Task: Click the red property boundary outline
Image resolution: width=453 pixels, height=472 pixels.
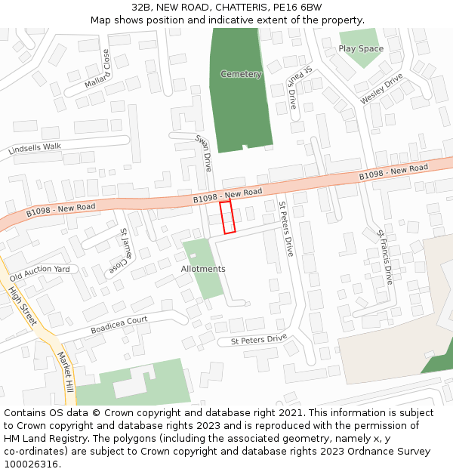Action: (227, 217)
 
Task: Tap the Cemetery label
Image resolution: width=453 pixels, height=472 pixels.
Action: (241, 74)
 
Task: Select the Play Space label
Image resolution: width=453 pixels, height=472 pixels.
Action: (361, 48)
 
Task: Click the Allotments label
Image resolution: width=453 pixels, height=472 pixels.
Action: (203, 269)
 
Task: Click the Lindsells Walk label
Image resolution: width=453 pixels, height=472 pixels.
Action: (35, 149)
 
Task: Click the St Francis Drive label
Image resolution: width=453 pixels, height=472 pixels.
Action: (386, 257)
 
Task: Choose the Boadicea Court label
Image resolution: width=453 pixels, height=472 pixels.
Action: (119, 325)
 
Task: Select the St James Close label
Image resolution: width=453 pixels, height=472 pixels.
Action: (125, 253)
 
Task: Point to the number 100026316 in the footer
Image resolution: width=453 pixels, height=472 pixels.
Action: (30, 464)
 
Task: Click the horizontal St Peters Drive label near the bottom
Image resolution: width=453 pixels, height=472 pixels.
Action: (259, 340)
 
